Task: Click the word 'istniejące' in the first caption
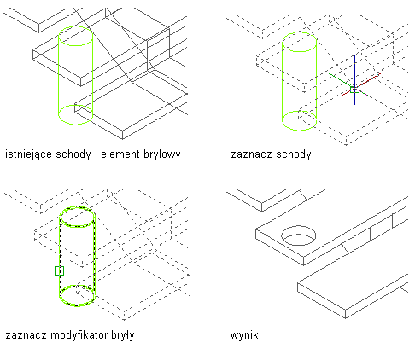pyautogui.click(x=28, y=154)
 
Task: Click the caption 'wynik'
pyautogui.click(x=244, y=335)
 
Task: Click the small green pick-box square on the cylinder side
pyautogui.click(x=59, y=270)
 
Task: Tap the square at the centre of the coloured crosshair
pyautogui.click(x=354, y=88)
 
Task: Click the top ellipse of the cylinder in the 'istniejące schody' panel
pyautogui.click(x=75, y=27)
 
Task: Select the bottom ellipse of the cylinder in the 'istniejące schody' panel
pyautogui.click(x=75, y=124)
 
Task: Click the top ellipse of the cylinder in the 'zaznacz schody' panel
pyautogui.click(x=299, y=33)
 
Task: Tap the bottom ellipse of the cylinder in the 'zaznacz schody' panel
pyautogui.click(x=299, y=131)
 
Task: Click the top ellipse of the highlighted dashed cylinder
pyautogui.click(x=77, y=207)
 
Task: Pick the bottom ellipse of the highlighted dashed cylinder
pyautogui.click(x=77, y=305)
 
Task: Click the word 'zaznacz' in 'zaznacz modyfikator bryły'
pyautogui.click(x=26, y=335)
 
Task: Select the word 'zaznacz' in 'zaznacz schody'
pyautogui.click(x=252, y=154)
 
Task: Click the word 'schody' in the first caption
pyautogui.click(x=73, y=154)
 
